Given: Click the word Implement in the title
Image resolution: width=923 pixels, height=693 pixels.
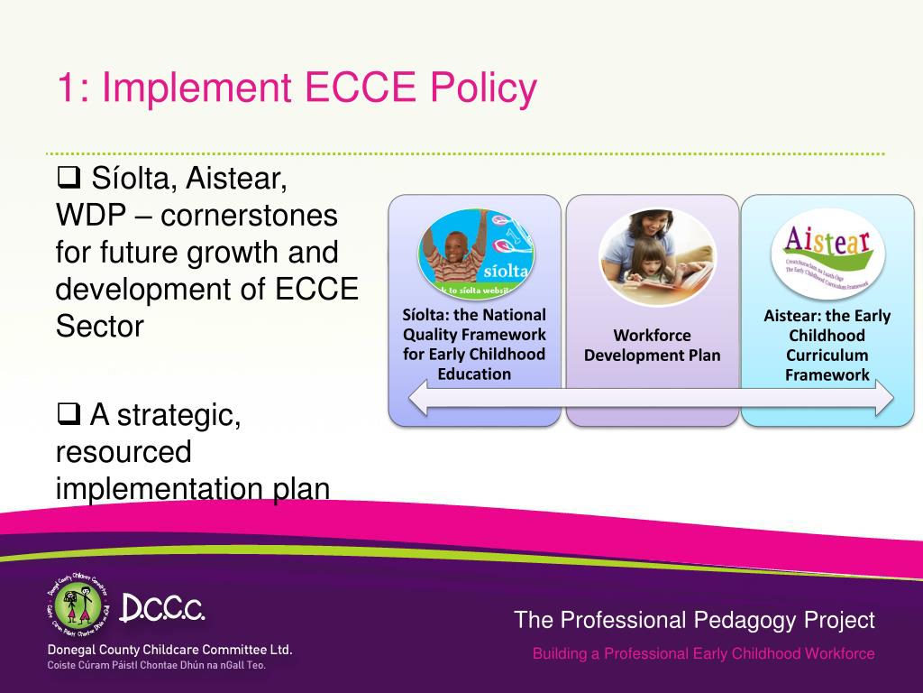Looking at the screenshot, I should pos(197,88).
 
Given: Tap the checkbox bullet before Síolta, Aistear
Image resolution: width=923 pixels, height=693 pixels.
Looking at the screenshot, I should pos(69,178).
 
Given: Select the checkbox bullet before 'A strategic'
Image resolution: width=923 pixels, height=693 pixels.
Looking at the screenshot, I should pos(69,415).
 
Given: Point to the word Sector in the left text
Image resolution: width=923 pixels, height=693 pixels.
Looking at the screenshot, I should pos(99,326).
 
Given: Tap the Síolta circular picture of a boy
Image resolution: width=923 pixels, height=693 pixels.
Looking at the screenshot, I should pos(475,253).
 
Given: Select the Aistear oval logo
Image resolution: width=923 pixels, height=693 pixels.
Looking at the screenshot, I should pos(827,254).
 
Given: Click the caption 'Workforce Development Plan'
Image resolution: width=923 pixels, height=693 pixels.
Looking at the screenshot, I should pos(652,346).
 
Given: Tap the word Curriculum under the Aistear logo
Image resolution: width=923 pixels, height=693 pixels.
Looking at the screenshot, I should pos(827,356).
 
